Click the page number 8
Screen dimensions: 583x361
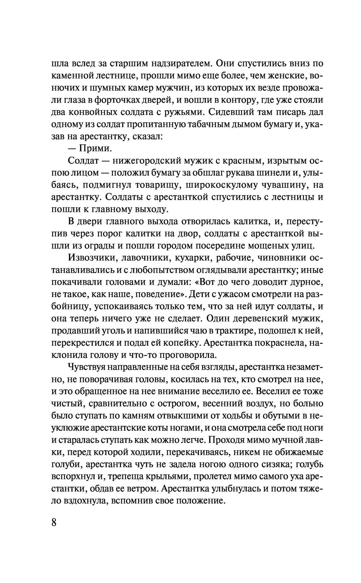pyautogui.click(x=55, y=523)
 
